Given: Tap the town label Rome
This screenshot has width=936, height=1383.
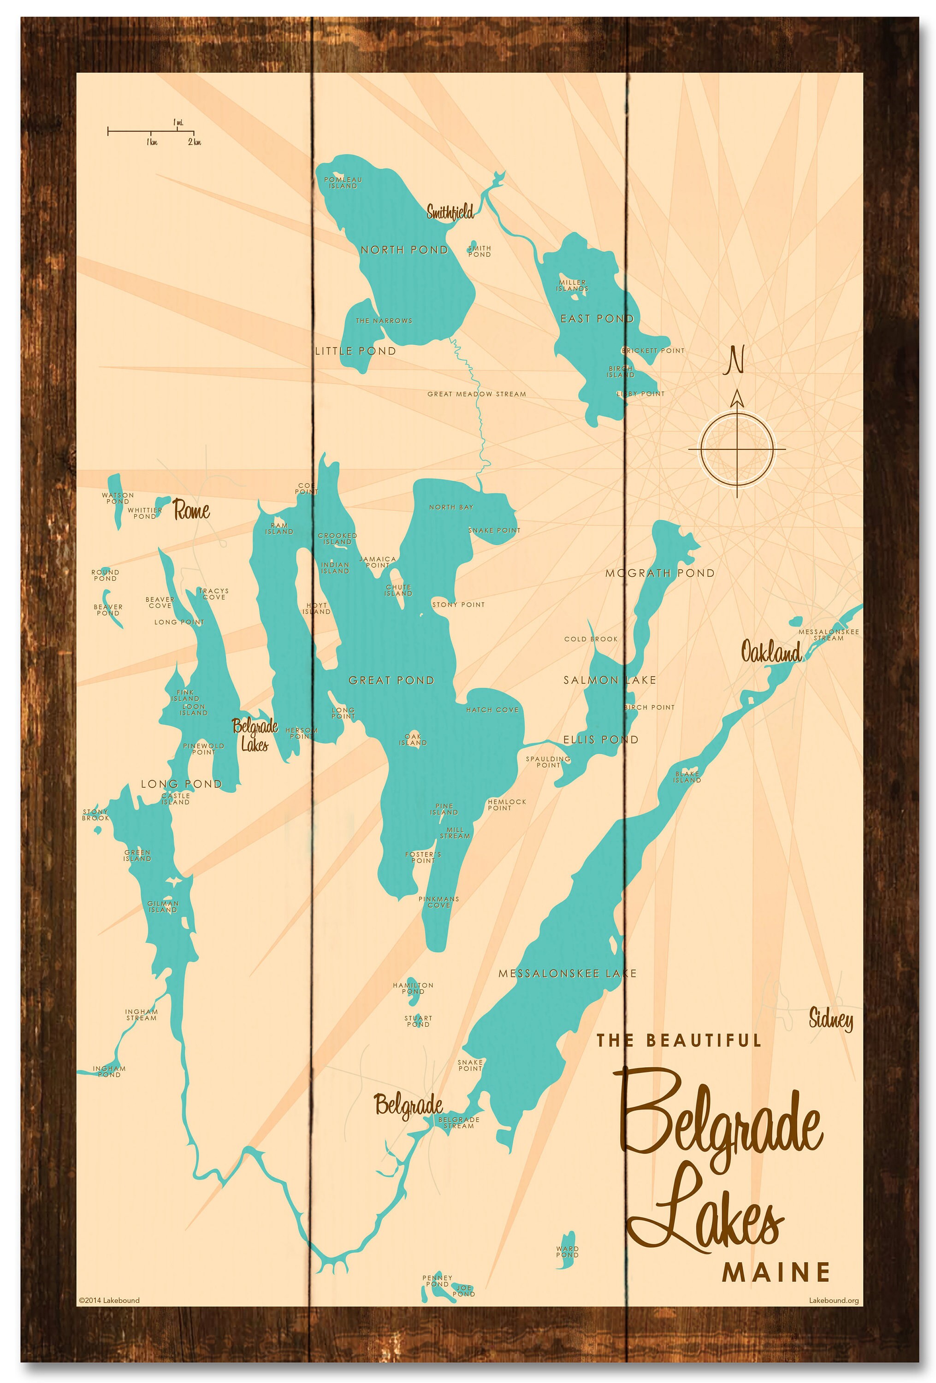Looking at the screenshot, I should tap(191, 510).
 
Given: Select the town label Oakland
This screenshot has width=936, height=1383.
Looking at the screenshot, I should tap(770, 653).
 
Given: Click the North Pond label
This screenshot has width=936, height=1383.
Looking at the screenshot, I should tap(404, 250).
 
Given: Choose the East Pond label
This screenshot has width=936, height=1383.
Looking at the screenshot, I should tap(597, 319).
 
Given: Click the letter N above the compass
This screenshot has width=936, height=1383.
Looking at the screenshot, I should tap(737, 360).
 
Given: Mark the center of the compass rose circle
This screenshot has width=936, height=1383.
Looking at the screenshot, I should tap(737, 449).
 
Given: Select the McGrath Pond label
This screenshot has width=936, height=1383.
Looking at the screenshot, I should tap(659, 573).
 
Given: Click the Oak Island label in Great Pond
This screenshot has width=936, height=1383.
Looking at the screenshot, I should tap(413, 740).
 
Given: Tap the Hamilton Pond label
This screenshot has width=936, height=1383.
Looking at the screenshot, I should tap(413, 988).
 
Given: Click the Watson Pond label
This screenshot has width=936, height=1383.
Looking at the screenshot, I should tap(118, 498).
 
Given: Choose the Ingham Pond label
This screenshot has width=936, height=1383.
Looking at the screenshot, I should tap(109, 1072).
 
